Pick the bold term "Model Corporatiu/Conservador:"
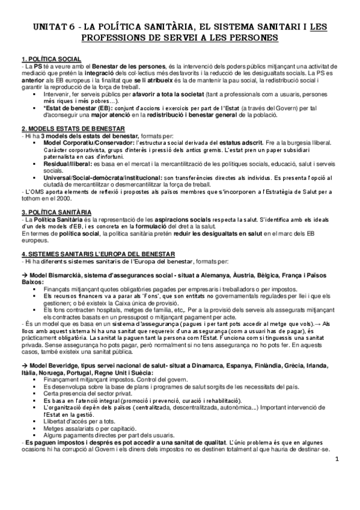(87, 142)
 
